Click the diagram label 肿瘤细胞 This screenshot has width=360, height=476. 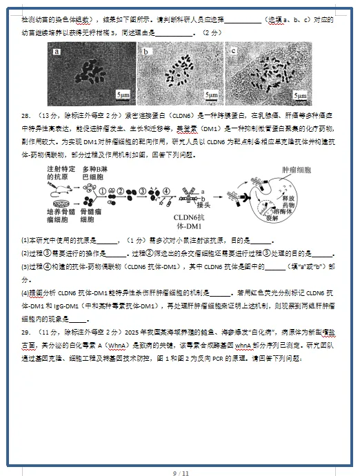pyautogui.click(x=297, y=169)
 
